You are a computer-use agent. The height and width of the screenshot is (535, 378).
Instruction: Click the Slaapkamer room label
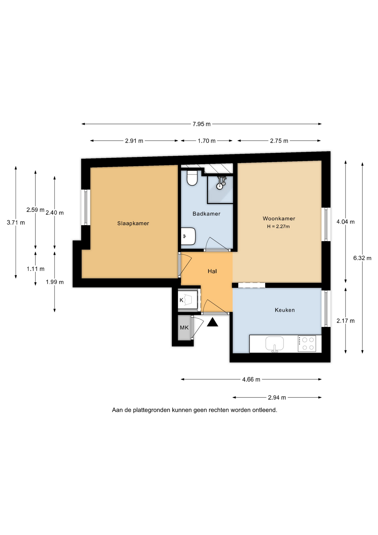click(x=133, y=223)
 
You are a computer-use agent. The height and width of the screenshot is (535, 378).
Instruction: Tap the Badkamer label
click(x=206, y=214)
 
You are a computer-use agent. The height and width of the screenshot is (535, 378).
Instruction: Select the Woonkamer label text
click(x=279, y=218)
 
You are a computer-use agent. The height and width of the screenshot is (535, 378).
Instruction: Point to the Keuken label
click(x=284, y=310)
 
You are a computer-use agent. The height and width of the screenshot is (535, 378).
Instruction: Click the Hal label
click(x=212, y=271)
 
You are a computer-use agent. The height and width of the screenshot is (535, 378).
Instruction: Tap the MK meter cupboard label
click(x=184, y=328)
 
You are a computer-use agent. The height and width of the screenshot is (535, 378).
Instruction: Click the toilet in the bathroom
click(x=192, y=178)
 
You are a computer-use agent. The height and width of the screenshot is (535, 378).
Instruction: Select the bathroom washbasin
click(x=188, y=236)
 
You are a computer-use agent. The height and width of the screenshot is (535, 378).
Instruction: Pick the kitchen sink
click(x=274, y=344)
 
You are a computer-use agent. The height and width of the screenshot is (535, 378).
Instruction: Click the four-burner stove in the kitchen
click(x=307, y=344)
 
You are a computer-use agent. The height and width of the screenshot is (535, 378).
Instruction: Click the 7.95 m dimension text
click(x=202, y=124)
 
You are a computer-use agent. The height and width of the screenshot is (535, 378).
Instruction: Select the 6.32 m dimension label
click(x=362, y=258)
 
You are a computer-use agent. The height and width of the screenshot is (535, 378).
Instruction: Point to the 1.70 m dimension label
click(x=207, y=141)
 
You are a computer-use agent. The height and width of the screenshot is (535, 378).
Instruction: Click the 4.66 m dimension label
click(x=251, y=380)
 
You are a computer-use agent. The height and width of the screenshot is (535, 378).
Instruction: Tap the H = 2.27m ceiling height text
click(x=278, y=227)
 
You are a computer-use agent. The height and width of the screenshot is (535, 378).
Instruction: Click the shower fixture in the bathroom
click(x=221, y=183)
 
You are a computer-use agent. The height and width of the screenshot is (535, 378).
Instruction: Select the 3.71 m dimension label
click(x=16, y=223)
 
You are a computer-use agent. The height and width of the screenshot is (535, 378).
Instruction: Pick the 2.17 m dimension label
click(x=345, y=321)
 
